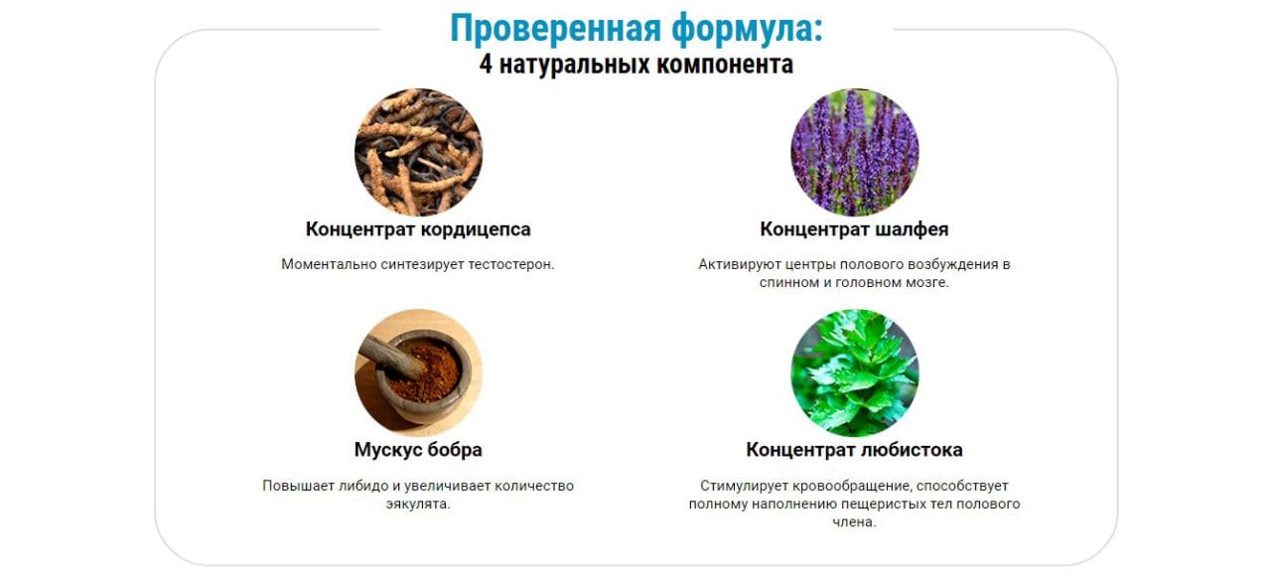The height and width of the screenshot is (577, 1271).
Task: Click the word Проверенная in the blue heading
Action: click(556, 29)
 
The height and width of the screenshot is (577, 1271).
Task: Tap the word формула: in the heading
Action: click(748, 29)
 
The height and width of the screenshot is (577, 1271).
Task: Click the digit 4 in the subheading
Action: click(486, 65)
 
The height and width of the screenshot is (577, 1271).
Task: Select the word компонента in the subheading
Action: click(725, 65)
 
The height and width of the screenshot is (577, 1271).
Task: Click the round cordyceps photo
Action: click(419, 152)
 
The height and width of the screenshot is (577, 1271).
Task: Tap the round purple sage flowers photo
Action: click(855, 152)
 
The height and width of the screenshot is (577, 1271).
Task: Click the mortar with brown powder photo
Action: click(419, 372)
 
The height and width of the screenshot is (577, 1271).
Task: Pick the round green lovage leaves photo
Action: click(855, 372)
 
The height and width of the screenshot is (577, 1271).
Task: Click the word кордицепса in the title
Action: click(476, 229)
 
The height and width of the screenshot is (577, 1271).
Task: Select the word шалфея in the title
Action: click(913, 229)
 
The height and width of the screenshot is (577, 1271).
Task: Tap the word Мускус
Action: click(387, 450)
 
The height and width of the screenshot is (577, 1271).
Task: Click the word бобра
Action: click(455, 449)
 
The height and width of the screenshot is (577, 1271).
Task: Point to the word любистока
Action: click(912, 450)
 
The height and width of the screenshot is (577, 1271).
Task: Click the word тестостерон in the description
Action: click(509, 264)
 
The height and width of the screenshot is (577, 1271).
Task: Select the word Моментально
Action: click(329, 264)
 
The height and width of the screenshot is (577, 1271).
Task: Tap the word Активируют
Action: click(740, 264)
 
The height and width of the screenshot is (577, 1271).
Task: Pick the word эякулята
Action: click(418, 505)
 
